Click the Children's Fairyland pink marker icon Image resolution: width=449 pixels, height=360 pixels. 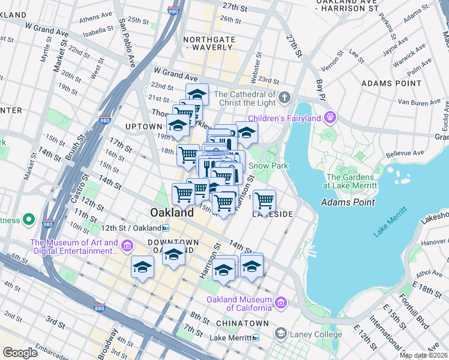point(330,116)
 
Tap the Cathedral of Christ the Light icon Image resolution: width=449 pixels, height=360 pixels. point(284,97)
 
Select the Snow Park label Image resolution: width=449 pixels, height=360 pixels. point(268,166)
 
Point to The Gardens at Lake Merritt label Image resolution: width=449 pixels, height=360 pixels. point(351,182)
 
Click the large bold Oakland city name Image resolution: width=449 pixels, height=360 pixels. point(172,212)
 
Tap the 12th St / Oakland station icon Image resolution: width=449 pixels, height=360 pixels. point(165,228)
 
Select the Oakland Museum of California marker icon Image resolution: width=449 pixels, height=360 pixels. point(280,304)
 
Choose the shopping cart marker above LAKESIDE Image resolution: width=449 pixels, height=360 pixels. point(264,200)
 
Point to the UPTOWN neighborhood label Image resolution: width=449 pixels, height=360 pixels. point(143,127)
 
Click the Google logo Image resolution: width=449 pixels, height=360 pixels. point(20,353)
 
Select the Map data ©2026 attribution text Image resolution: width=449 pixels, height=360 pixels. point(423,355)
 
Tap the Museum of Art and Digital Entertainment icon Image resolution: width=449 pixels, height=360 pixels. point(127,246)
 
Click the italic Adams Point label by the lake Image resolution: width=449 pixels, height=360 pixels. point(348,202)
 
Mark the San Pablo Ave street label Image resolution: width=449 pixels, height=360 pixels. point(127,41)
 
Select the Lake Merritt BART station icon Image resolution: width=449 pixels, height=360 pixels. point(256,338)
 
